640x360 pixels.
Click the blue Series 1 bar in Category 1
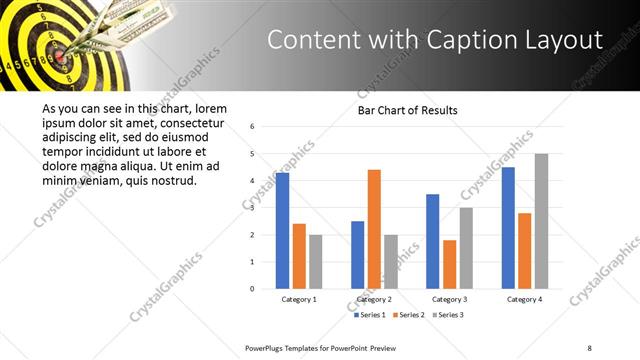(282, 231)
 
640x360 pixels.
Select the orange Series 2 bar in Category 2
(374, 229)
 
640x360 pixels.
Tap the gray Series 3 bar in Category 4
(541, 221)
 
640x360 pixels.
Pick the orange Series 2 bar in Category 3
(449, 264)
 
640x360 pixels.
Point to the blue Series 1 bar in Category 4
(508, 228)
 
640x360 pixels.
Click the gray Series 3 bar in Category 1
(316, 262)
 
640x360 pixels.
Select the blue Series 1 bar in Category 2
(357, 255)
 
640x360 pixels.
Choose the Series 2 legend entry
(408, 315)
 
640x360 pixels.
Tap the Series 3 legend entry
(446, 315)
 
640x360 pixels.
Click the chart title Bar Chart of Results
(407, 110)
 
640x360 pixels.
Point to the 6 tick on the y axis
(253, 127)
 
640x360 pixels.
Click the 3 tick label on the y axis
(253, 208)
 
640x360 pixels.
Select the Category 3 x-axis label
(449, 299)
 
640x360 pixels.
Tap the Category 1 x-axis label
(299, 299)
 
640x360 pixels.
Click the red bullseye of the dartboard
(59, 57)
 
